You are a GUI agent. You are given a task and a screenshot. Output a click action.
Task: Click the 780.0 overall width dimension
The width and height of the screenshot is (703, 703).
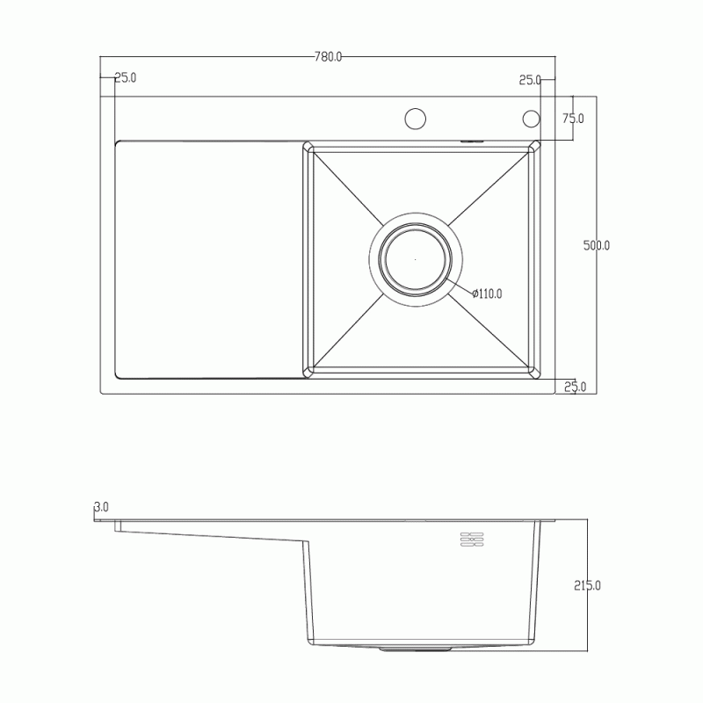point(328,57)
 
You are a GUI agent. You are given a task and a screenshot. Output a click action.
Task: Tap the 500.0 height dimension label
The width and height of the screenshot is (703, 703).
point(597,245)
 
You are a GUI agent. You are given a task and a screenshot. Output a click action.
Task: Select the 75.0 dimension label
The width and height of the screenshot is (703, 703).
point(573,119)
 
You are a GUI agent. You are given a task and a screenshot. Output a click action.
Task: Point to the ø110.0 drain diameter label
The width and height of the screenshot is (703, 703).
point(487,294)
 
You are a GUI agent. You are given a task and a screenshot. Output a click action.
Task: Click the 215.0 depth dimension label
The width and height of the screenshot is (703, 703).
point(587,585)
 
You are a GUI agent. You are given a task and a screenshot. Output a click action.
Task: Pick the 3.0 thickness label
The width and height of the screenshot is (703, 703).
point(101,507)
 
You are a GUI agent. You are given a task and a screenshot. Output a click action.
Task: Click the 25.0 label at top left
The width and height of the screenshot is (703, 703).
point(126,77)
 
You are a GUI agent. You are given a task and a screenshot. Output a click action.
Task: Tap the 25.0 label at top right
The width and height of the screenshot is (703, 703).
point(530,80)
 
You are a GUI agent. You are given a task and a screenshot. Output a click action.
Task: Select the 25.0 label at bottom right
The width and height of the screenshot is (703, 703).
point(576,387)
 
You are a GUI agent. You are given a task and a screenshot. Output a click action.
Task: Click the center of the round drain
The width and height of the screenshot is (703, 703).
point(416,259)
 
